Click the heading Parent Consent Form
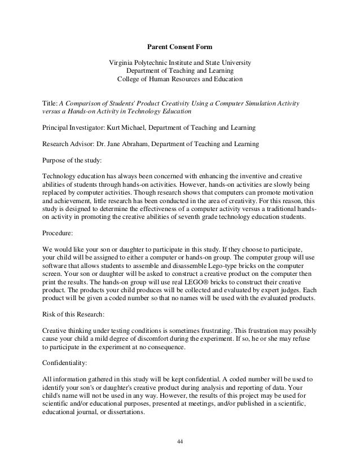click(x=179, y=46)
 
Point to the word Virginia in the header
click(x=122, y=62)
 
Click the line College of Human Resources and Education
click(x=179, y=80)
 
